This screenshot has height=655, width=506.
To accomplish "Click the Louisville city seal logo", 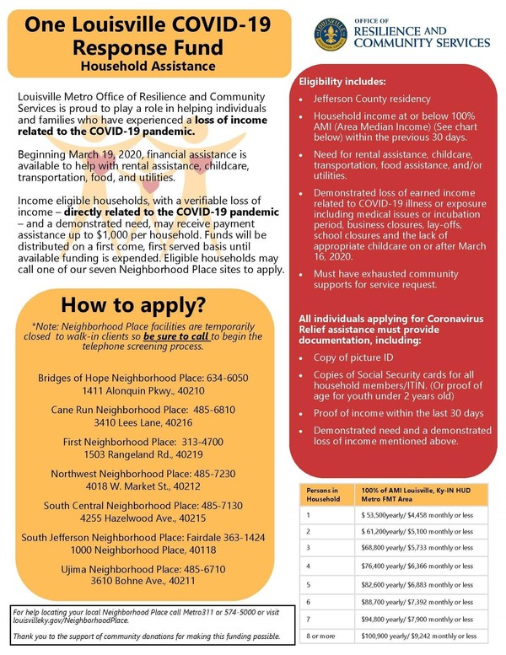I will point(331,32).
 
